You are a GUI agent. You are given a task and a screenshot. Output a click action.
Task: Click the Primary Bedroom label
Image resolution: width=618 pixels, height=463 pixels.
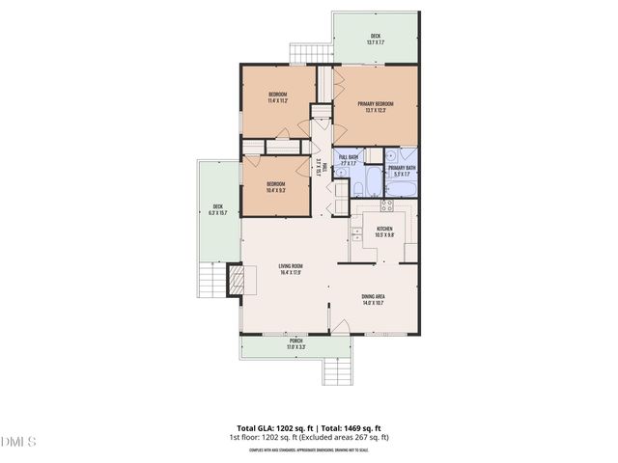point(376,106)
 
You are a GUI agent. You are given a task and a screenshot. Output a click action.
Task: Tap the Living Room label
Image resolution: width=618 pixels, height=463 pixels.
point(290,269)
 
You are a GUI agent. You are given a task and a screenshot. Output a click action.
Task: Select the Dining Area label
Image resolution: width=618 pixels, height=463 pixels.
point(372,300)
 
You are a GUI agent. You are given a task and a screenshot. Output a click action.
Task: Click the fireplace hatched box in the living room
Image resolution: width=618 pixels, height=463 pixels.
point(237,282)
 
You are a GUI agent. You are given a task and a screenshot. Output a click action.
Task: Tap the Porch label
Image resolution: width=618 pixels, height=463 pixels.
point(295,343)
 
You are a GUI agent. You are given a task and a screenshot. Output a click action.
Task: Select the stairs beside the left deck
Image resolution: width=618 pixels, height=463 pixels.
point(211,281)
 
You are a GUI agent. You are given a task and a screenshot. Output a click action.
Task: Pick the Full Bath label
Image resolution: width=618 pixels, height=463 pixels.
point(348,160)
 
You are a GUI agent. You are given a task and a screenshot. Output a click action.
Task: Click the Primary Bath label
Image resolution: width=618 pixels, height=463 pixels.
point(402,171)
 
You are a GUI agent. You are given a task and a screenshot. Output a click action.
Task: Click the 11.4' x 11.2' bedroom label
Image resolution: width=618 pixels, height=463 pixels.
point(278,96)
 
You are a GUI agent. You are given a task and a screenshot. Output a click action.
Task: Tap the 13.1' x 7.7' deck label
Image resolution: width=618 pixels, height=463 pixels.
point(375,40)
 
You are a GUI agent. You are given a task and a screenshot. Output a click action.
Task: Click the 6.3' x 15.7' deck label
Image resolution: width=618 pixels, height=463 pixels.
point(218,208)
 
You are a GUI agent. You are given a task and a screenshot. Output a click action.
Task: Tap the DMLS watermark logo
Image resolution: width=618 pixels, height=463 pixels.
point(18,442)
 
